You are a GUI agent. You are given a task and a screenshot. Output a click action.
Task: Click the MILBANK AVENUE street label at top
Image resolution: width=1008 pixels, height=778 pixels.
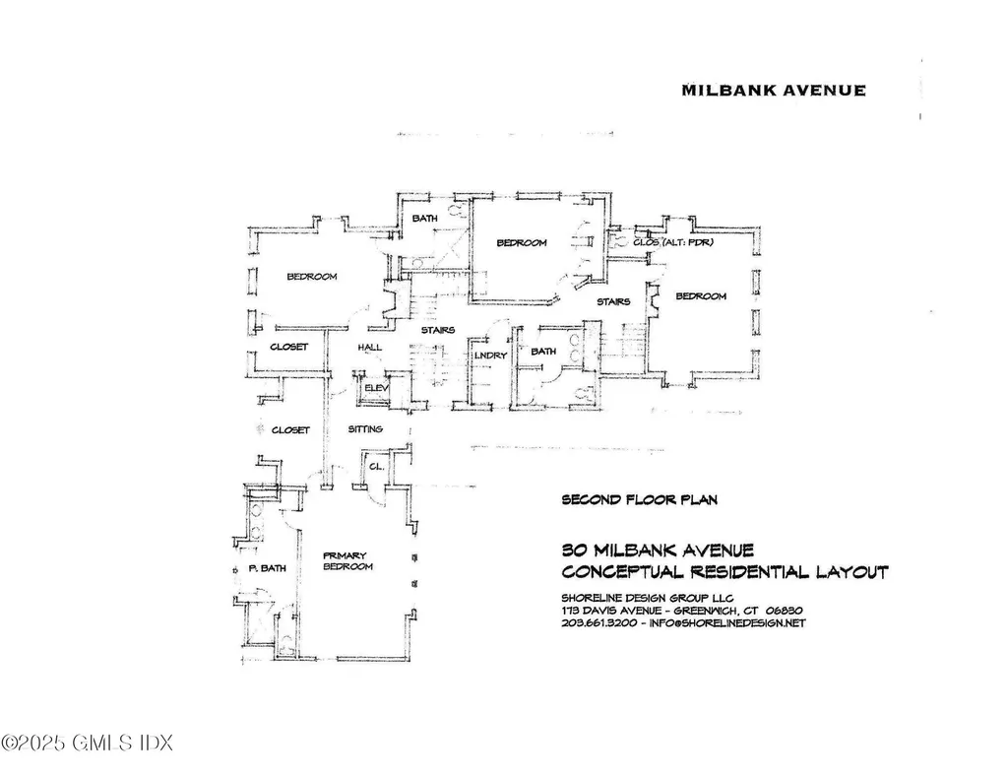(774, 91)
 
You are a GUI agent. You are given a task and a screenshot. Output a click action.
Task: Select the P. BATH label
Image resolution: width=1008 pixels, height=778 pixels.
(266, 569)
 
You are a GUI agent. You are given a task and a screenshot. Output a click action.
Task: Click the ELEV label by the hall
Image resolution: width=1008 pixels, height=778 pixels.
(377, 389)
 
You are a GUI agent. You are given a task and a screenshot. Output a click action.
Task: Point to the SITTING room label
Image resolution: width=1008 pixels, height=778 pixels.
(365, 430)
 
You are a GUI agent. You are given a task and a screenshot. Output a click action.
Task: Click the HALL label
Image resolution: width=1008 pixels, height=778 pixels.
(370, 347)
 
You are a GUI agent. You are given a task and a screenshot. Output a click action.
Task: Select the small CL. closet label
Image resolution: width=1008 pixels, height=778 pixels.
(375, 467)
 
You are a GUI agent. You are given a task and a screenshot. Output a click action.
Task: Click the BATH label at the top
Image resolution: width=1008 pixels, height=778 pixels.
(424, 219)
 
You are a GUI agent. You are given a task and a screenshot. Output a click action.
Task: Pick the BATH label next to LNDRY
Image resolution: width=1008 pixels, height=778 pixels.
(543, 352)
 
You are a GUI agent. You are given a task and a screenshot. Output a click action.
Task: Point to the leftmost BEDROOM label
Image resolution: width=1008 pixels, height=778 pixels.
(312, 277)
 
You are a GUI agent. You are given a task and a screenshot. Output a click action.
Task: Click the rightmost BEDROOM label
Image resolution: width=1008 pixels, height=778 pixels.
(701, 296)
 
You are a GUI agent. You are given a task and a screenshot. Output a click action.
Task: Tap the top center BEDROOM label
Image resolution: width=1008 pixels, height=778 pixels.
(521, 243)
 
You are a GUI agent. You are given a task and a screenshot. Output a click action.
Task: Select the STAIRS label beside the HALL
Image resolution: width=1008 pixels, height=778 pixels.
(438, 331)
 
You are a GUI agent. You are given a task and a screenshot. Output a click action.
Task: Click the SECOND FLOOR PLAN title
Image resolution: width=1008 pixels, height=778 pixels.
(639, 500)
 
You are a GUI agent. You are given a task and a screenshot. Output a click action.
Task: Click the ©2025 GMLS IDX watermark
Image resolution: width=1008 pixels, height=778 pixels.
(87, 740)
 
